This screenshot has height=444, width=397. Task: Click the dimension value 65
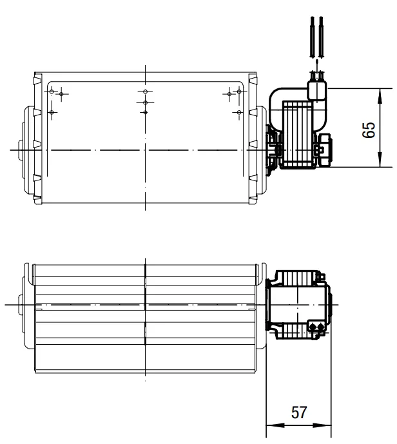click(x=369, y=130)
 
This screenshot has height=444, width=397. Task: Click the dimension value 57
click(x=299, y=412)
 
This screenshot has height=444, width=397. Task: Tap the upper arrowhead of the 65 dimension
click(x=380, y=96)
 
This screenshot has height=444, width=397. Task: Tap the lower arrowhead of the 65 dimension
click(x=380, y=160)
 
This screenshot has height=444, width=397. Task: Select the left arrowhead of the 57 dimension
click(x=275, y=425)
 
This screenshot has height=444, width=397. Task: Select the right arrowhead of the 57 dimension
click(x=322, y=425)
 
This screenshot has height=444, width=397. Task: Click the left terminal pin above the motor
click(x=313, y=37)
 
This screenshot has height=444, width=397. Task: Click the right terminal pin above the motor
click(x=321, y=37)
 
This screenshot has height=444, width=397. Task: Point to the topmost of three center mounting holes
click(x=145, y=92)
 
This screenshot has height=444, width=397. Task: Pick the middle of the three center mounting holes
click(x=145, y=102)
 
